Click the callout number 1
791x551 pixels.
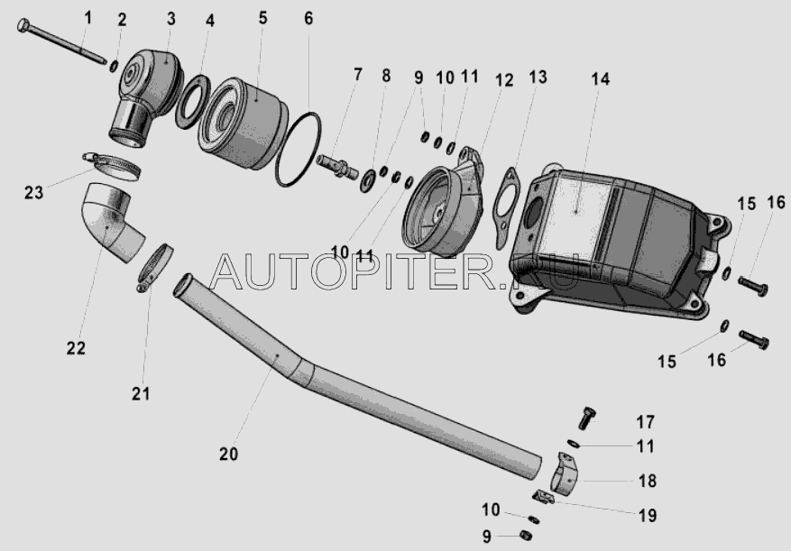click(88, 18)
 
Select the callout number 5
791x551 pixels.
click(262, 18)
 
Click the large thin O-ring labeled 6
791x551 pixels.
click(299, 150)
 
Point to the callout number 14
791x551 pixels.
click(601, 78)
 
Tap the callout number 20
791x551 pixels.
click(228, 455)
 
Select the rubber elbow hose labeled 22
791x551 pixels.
click(111, 222)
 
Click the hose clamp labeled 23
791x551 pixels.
click(112, 166)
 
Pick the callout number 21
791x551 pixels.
click(141, 393)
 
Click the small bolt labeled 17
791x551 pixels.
click(587, 418)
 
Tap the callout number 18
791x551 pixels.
click(648, 481)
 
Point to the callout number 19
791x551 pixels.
click(648, 516)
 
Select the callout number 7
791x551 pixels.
click(358, 74)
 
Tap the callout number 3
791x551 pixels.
click(171, 19)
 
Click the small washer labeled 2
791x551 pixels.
click(114, 66)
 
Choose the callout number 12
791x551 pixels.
click(504, 80)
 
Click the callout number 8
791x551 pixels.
click(386, 76)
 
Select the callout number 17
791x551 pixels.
click(645, 422)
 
